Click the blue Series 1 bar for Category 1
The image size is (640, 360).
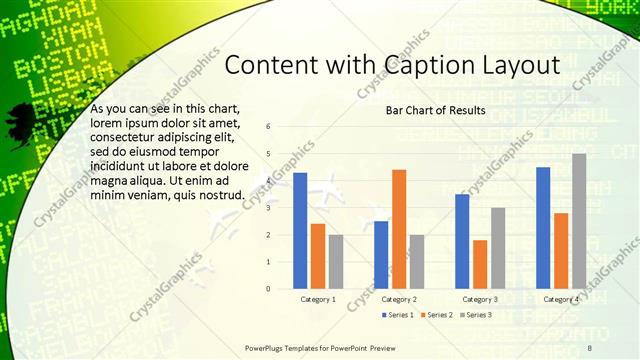pos(300,231)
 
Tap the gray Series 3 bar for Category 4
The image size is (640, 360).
pos(579,221)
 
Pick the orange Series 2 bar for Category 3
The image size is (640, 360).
pos(480,264)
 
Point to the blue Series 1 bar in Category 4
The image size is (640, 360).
pos(543,228)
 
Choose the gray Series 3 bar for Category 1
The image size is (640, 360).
pos(336,261)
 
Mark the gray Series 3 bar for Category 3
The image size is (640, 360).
pos(498,248)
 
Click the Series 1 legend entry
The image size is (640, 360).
pos(397,315)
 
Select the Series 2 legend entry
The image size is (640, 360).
pos(436,315)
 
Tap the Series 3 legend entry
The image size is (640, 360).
pos(475,315)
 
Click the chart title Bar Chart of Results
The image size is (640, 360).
pos(435,110)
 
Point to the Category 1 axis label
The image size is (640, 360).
pos(318,300)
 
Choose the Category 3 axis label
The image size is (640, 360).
pos(480,300)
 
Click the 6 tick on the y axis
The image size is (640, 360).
pos(267,126)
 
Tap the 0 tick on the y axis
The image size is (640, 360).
pos(267,288)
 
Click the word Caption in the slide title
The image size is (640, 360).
pos(431,65)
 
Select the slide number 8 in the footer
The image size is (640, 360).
pos(589,347)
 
